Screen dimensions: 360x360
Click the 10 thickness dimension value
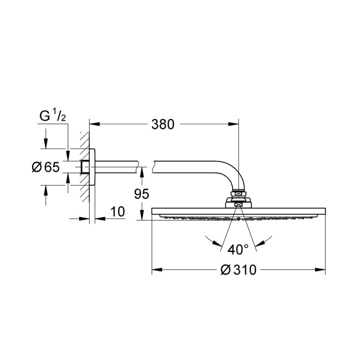coord(117,212)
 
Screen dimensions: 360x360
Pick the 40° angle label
coord(238,249)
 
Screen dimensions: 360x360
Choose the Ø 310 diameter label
coord(239,270)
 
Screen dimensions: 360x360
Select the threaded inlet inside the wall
coord(85,167)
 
